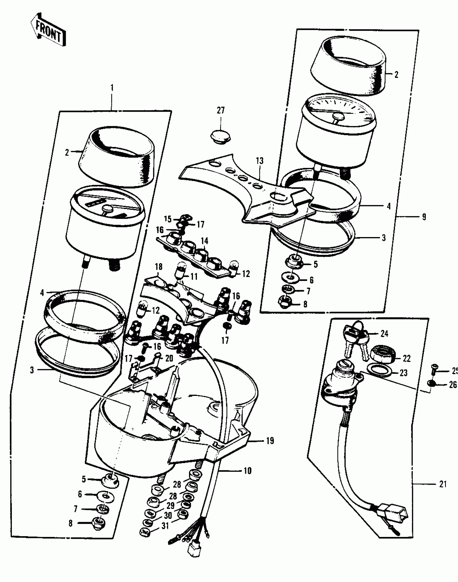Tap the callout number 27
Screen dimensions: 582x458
pos(220,111)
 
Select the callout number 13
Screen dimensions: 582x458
pos(260,161)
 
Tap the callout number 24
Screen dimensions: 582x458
pos(384,334)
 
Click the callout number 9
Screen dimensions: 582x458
pos(424,217)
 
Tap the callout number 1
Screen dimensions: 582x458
pos(112,88)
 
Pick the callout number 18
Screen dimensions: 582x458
pos(159,267)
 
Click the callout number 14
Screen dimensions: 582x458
pos(204,241)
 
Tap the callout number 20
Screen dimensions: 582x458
pos(169,358)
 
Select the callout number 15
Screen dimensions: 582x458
pos(168,219)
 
